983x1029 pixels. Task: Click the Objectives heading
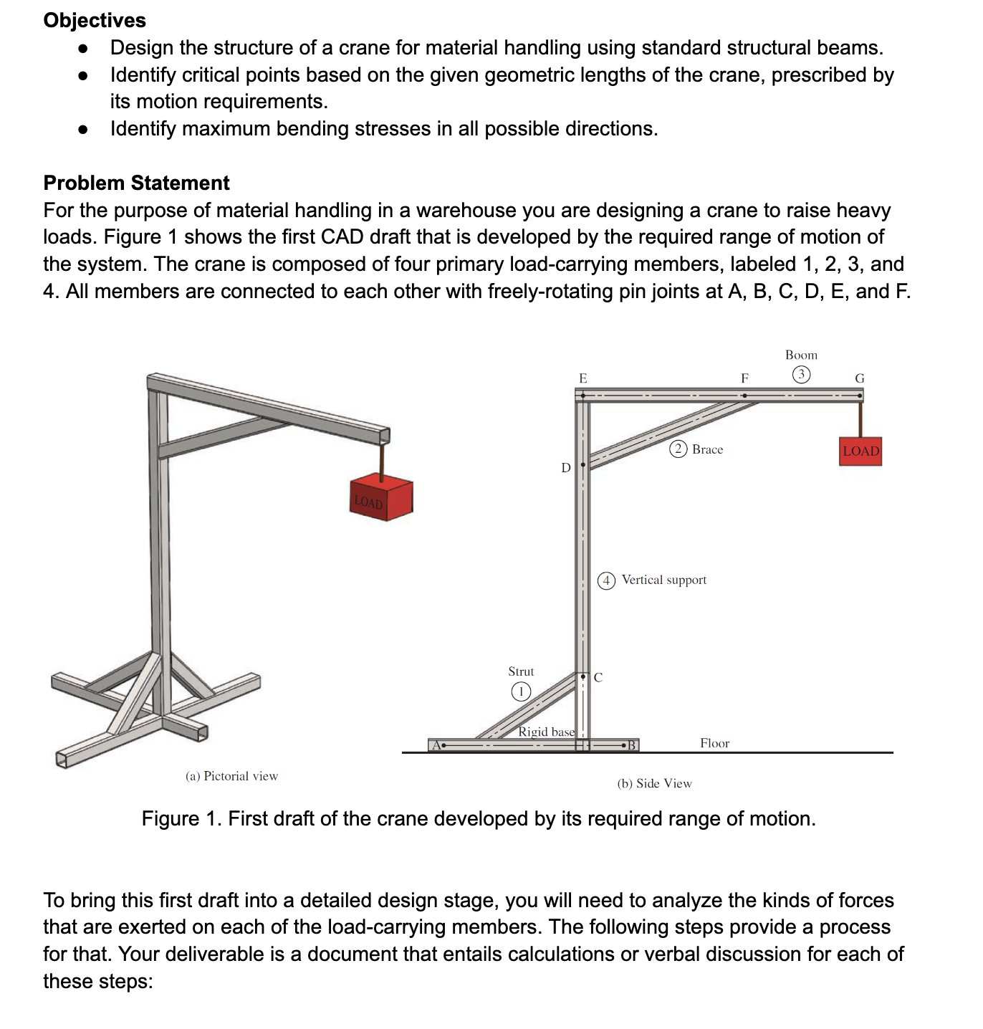[95, 20]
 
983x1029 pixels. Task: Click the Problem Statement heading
[136, 183]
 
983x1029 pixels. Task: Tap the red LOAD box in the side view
[860, 451]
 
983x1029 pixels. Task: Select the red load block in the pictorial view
[381, 499]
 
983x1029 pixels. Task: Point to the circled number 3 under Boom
[801, 374]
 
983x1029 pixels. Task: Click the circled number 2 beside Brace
[678, 449]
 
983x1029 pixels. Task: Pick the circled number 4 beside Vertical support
[606, 580]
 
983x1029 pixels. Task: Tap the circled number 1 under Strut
[521, 691]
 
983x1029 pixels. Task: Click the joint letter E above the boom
[582, 378]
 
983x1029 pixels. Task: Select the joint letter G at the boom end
[860, 378]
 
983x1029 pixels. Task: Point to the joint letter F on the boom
[744, 378]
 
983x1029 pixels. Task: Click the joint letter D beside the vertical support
[565, 468]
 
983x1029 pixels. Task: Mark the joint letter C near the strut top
[598, 677]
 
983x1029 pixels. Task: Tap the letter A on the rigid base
[436, 745]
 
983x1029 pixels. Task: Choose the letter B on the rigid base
[631, 745]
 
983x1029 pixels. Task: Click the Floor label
[714, 743]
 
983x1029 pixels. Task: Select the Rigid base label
[546, 732]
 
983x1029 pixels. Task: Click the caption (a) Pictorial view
[231, 776]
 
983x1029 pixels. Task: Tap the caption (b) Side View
[654, 783]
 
